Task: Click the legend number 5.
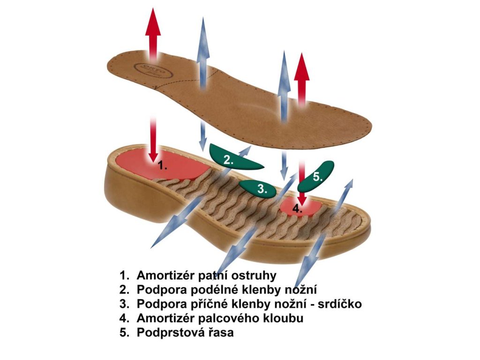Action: click(x=124, y=333)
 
